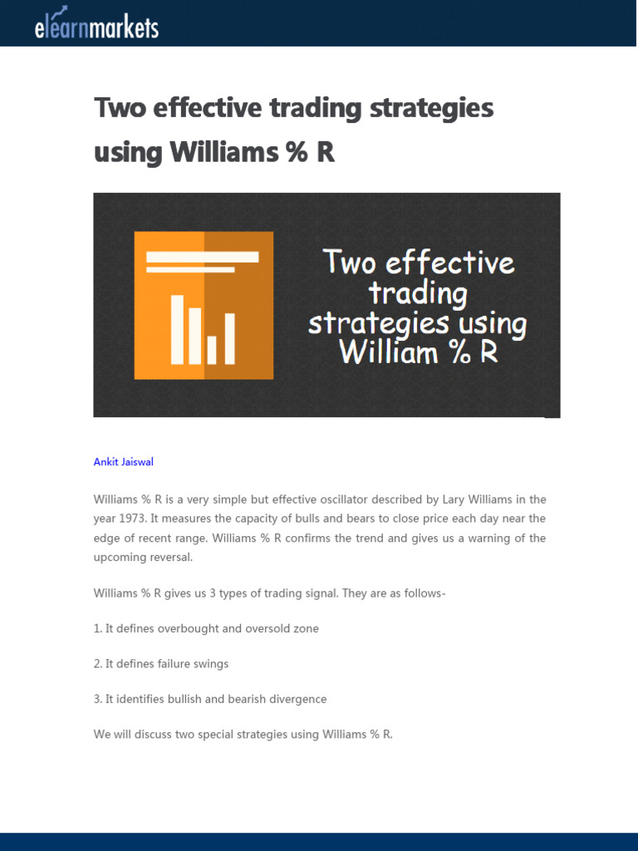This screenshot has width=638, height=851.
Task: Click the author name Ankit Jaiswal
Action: click(123, 461)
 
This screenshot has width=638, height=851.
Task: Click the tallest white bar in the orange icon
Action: click(177, 329)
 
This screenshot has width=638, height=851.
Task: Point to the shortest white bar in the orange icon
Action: click(212, 350)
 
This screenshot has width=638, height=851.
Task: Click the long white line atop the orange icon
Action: click(202, 257)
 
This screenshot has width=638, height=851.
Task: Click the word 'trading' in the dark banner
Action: click(418, 293)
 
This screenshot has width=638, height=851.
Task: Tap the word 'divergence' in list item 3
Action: click(297, 699)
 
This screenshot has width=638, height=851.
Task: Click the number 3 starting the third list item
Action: click(97, 699)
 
